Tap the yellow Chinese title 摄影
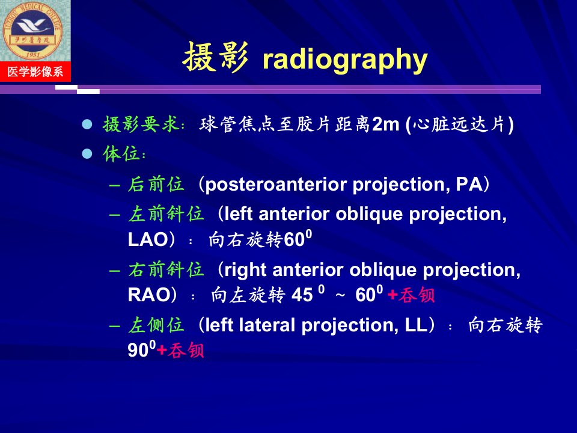click(x=215, y=57)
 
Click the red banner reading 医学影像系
click(x=35, y=72)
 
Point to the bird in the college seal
click(x=33, y=26)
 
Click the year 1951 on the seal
click(x=33, y=55)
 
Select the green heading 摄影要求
click(x=141, y=124)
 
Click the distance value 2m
click(x=386, y=124)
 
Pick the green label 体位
click(x=121, y=153)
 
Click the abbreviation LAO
click(x=148, y=240)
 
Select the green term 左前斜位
click(x=166, y=213)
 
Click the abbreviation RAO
click(x=149, y=295)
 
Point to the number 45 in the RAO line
click(x=302, y=295)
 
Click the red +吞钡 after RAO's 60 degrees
click(x=411, y=295)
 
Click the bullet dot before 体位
click(x=87, y=153)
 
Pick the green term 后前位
click(x=156, y=184)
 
